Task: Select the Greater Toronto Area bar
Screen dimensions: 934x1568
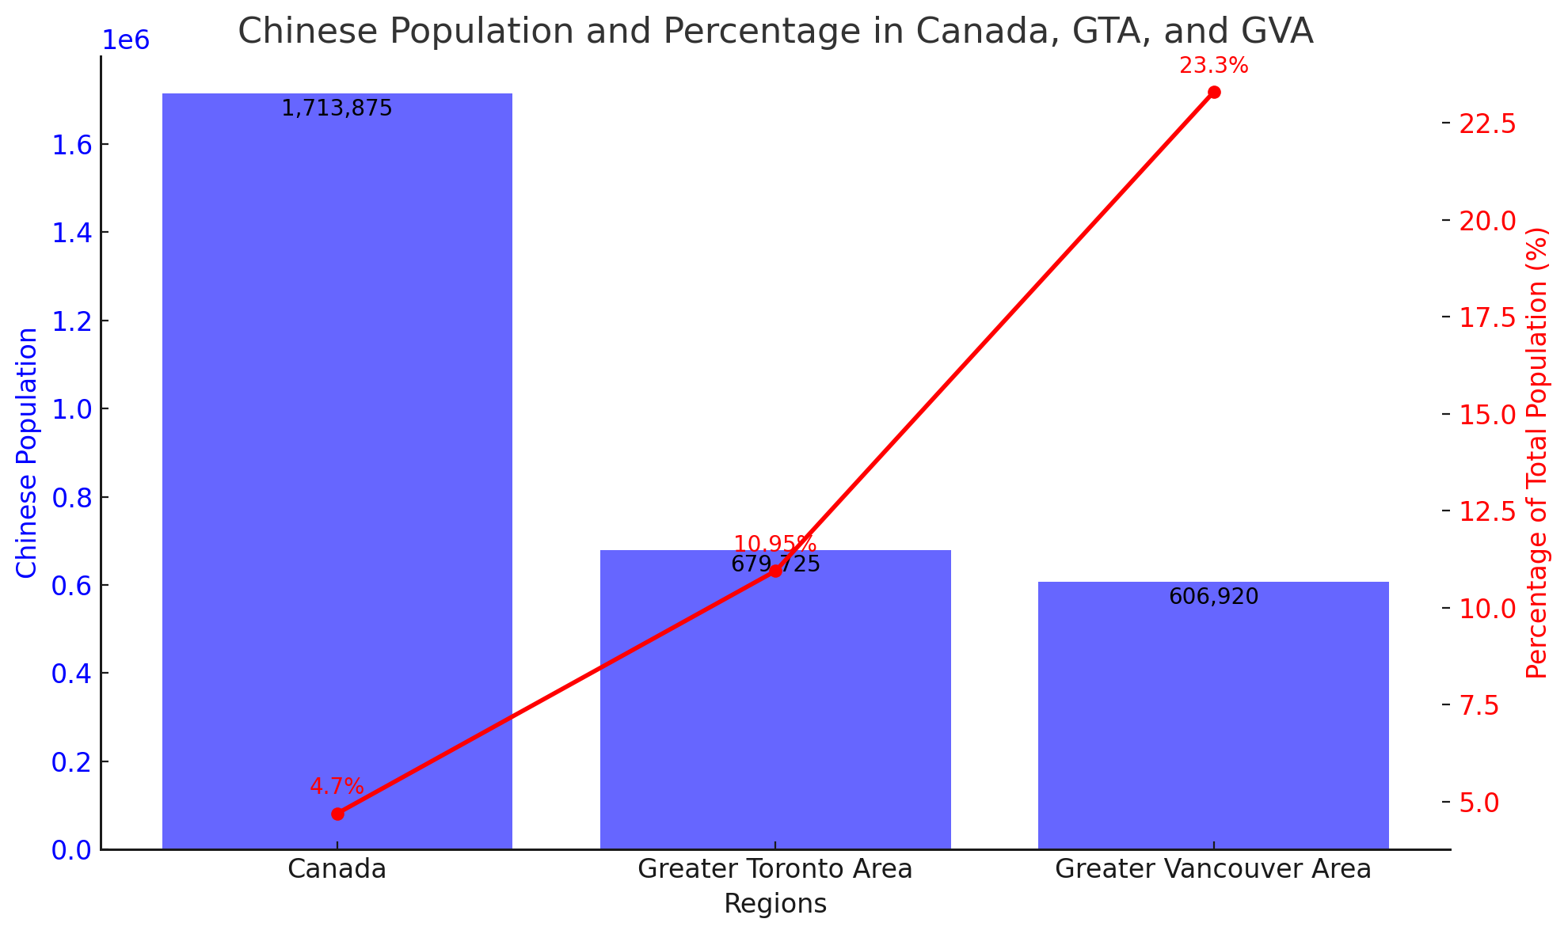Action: [775, 712]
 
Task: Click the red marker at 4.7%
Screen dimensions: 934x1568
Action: [337, 814]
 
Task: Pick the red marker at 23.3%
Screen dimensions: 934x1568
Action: [1214, 93]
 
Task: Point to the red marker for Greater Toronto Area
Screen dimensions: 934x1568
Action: [775, 571]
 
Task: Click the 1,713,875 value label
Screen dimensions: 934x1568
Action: [337, 108]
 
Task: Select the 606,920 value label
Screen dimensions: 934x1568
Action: [1213, 597]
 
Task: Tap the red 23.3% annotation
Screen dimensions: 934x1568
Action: [1213, 66]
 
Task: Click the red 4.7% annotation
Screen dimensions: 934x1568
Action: [337, 787]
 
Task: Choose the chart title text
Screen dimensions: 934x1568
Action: [775, 32]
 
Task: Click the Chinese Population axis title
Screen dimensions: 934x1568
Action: [27, 453]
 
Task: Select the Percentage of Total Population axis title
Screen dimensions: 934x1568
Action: [1536, 453]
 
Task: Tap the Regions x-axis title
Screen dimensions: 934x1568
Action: [775, 904]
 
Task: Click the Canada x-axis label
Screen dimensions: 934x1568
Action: [337, 869]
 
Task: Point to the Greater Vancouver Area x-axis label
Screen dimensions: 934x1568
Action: [1213, 869]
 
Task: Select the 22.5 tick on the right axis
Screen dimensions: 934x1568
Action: [1489, 123]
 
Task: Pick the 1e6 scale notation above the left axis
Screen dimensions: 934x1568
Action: [125, 41]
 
